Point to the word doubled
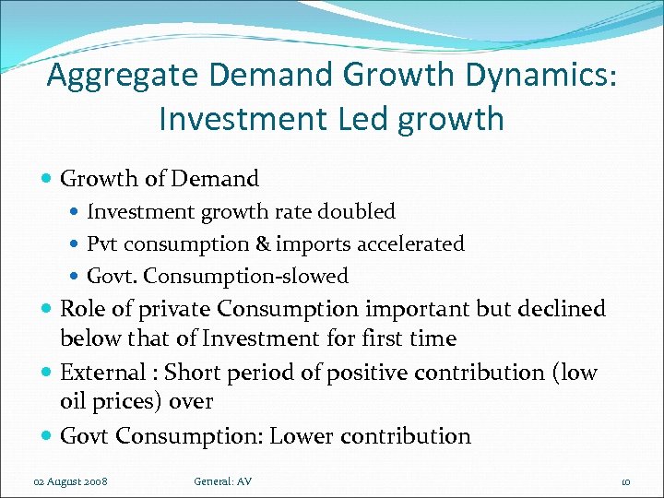360,211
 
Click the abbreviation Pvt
103,243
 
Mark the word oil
73,402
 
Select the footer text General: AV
222,481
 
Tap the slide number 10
624,481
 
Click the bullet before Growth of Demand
47,179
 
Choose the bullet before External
47,373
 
